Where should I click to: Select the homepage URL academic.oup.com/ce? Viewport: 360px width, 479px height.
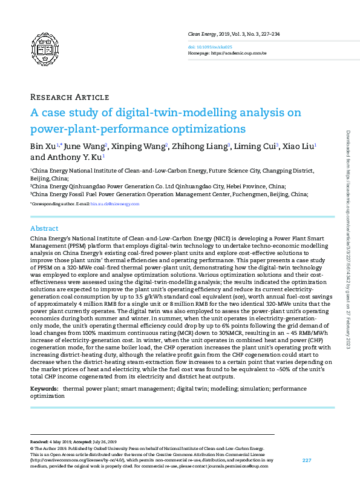(241, 53)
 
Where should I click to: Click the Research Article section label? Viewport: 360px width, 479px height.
(69, 97)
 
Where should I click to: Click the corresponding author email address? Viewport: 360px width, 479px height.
(115, 204)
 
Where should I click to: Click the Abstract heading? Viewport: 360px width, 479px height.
(44, 228)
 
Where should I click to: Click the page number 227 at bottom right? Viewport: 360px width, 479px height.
(306, 461)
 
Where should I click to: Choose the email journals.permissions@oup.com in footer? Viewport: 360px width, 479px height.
(239, 466)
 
